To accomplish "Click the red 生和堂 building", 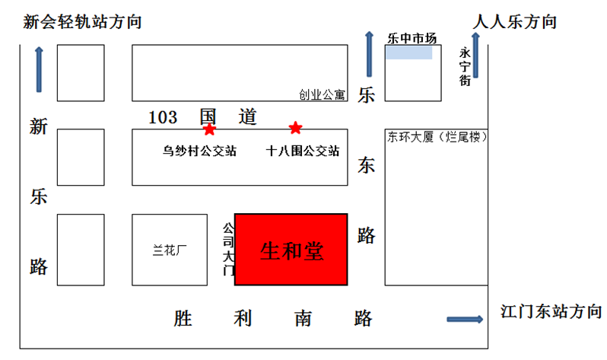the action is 291,250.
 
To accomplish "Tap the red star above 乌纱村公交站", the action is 209,129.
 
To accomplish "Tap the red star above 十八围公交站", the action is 295,127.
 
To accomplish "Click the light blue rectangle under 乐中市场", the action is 409,53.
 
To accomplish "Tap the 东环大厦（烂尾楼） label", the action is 436,138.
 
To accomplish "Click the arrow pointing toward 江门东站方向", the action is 464,319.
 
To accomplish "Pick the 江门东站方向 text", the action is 551,311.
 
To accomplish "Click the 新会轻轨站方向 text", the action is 83,22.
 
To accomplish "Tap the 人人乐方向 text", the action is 515,22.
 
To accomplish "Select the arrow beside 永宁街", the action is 476,56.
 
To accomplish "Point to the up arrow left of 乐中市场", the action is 369,54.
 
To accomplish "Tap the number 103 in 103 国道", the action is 163,117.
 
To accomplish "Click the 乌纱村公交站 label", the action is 199,151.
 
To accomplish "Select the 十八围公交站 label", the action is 303,151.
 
